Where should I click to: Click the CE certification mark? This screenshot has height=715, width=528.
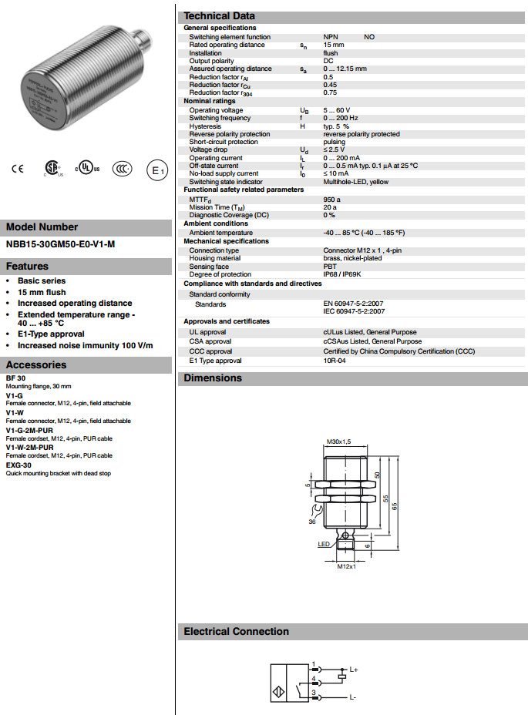[x=18, y=170]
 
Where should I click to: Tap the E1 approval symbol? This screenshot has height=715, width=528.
[x=156, y=170]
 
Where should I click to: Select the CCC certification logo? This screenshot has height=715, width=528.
[x=122, y=170]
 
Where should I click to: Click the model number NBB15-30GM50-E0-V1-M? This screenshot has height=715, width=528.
[x=61, y=245]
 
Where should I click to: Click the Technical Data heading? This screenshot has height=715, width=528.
[x=219, y=16]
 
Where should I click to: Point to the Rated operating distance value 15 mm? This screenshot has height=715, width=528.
[x=333, y=45]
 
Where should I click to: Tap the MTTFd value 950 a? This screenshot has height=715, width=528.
[x=331, y=199]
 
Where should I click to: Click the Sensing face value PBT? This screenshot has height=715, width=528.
[x=330, y=267]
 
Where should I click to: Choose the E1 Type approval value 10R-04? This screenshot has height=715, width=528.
[x=334, y=361]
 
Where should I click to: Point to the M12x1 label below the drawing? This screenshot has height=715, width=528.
[x=346, y=567]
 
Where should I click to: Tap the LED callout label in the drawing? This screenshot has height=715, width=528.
[x=324, y=543]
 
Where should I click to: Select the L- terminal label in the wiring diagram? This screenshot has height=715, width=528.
[x=352, y=697]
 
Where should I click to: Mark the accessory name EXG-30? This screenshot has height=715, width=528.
[x=18, y=465]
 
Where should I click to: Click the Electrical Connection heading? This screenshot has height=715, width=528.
[x=236, y=632]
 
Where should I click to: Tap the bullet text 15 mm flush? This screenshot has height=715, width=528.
[x=42, y=292]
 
